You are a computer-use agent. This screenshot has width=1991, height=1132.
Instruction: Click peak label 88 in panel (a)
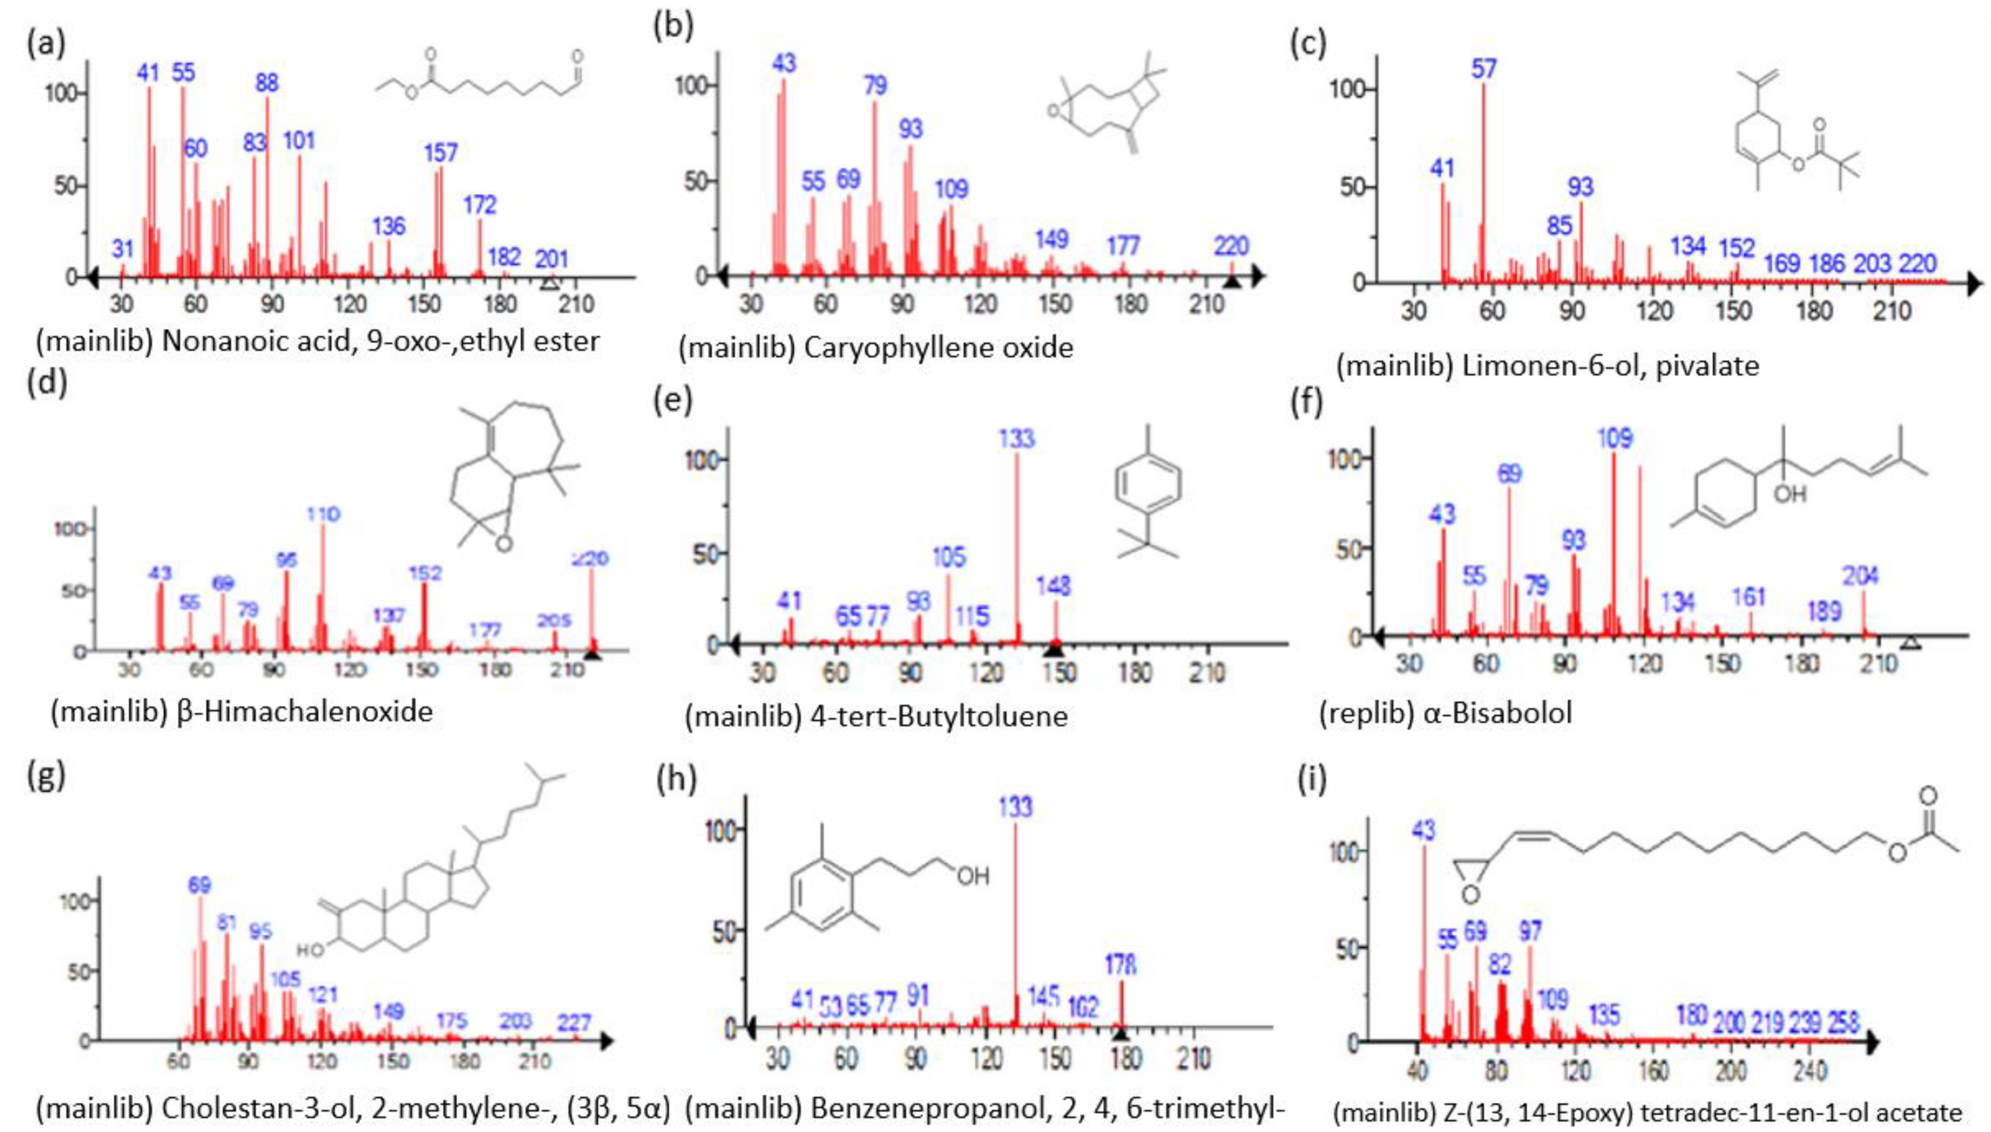pos(267,82)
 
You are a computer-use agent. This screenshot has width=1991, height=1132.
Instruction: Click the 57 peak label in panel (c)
pos(1483,69)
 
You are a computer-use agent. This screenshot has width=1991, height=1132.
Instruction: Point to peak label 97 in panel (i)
pos(1530,931)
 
